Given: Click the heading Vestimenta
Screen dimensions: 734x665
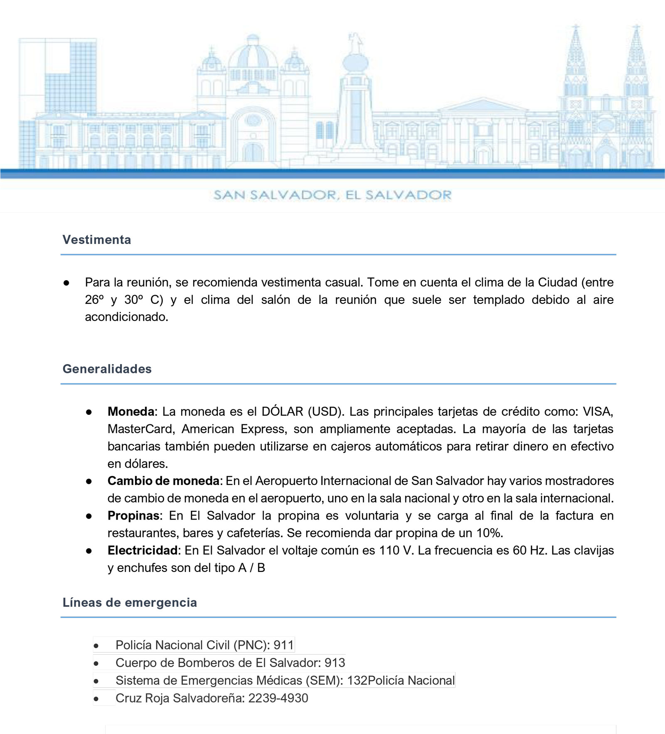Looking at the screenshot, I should [x=96, y=240].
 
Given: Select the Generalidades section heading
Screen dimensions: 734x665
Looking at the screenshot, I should [x=107, y=369].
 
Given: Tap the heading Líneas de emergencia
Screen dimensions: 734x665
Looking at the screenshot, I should [x=130, y=603].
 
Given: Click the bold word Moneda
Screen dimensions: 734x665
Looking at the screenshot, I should [x=131, y=411].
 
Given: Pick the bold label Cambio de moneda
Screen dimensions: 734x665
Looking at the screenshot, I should [x=163, y=481].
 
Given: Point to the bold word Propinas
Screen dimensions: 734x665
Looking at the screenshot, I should [x=133, y=516].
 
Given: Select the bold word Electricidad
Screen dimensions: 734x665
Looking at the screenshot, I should [x=143, y=551].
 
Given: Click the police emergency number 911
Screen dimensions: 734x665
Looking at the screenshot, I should [x=283, y=645].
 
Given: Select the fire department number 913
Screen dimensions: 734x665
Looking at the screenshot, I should [x=335, y=663].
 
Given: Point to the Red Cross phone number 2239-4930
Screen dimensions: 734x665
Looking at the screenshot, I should [x=278, y=698].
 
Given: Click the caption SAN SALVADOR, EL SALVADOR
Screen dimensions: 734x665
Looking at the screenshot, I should [x=332, y=195].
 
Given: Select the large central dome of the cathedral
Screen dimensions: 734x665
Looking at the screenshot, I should [x=253, y=54].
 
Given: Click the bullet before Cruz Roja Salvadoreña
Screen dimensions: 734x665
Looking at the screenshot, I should [x=96, y=699].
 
